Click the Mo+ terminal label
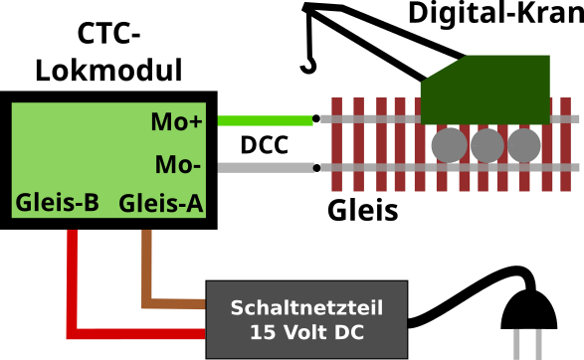[176, 122]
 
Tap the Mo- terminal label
[178, 164]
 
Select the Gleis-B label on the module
[57, 204]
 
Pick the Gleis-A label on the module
[161, 204]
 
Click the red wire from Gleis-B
[73, 288]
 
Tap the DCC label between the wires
[264, 145]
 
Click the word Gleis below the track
[362, 211]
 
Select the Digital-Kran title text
[493, 14]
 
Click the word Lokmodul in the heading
[108, 71]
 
